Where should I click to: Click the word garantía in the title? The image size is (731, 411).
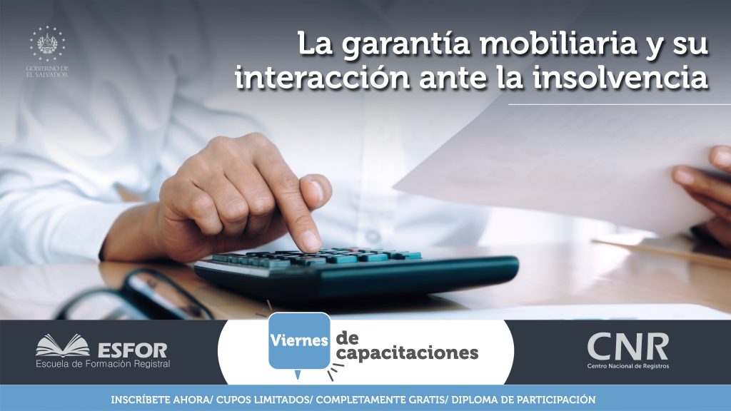point(405,45)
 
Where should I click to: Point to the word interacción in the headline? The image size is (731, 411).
point(322,77)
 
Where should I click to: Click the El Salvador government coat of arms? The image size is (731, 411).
point(47,44)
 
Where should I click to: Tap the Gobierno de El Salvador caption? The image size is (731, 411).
point(47,71)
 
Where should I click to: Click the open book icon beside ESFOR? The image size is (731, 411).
point(63,346)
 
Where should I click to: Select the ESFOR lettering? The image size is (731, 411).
point(133,350)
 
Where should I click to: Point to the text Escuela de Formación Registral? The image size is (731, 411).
point(103,364)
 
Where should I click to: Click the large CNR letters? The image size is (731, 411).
point(627,346)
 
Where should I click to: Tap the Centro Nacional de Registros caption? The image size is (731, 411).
point(628,366)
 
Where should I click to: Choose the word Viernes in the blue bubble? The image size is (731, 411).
point(299,340)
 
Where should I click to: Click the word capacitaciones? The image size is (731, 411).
point(407,353)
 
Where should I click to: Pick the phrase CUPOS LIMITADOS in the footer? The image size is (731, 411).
point(263,400)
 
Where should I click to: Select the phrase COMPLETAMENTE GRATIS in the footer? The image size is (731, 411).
point(382,400)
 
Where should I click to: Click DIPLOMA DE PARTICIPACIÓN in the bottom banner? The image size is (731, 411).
point(523,400)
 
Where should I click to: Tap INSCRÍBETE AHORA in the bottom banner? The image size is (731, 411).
point(161,400)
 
